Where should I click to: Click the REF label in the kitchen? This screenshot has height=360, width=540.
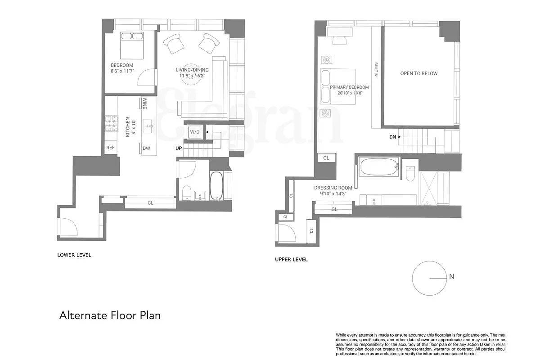coord(110,148)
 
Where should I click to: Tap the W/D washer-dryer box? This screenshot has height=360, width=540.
coord(195,132)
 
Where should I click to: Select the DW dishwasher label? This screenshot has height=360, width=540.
coord(146,148)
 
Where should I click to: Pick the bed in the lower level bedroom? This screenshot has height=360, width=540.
coord(131,44)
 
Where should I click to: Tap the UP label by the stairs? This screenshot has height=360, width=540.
coord(179,148)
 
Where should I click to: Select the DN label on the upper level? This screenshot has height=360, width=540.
coord(392,137)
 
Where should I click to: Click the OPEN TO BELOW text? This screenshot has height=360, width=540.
coord(418,73)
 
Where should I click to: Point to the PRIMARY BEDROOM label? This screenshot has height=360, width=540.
coord(349,87)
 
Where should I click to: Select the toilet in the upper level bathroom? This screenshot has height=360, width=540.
coord(410,173)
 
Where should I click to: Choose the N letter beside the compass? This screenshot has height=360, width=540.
coord(451,277)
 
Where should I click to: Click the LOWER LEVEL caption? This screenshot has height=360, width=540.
coord(74,255)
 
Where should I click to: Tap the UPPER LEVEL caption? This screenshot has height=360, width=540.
coord(291,260)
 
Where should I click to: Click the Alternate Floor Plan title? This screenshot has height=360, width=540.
coord(110,315)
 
